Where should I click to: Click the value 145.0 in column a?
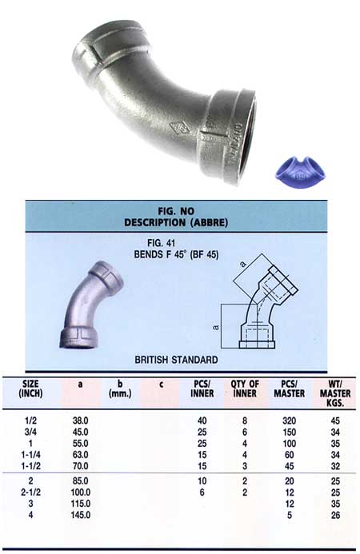[x=82, y=516]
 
